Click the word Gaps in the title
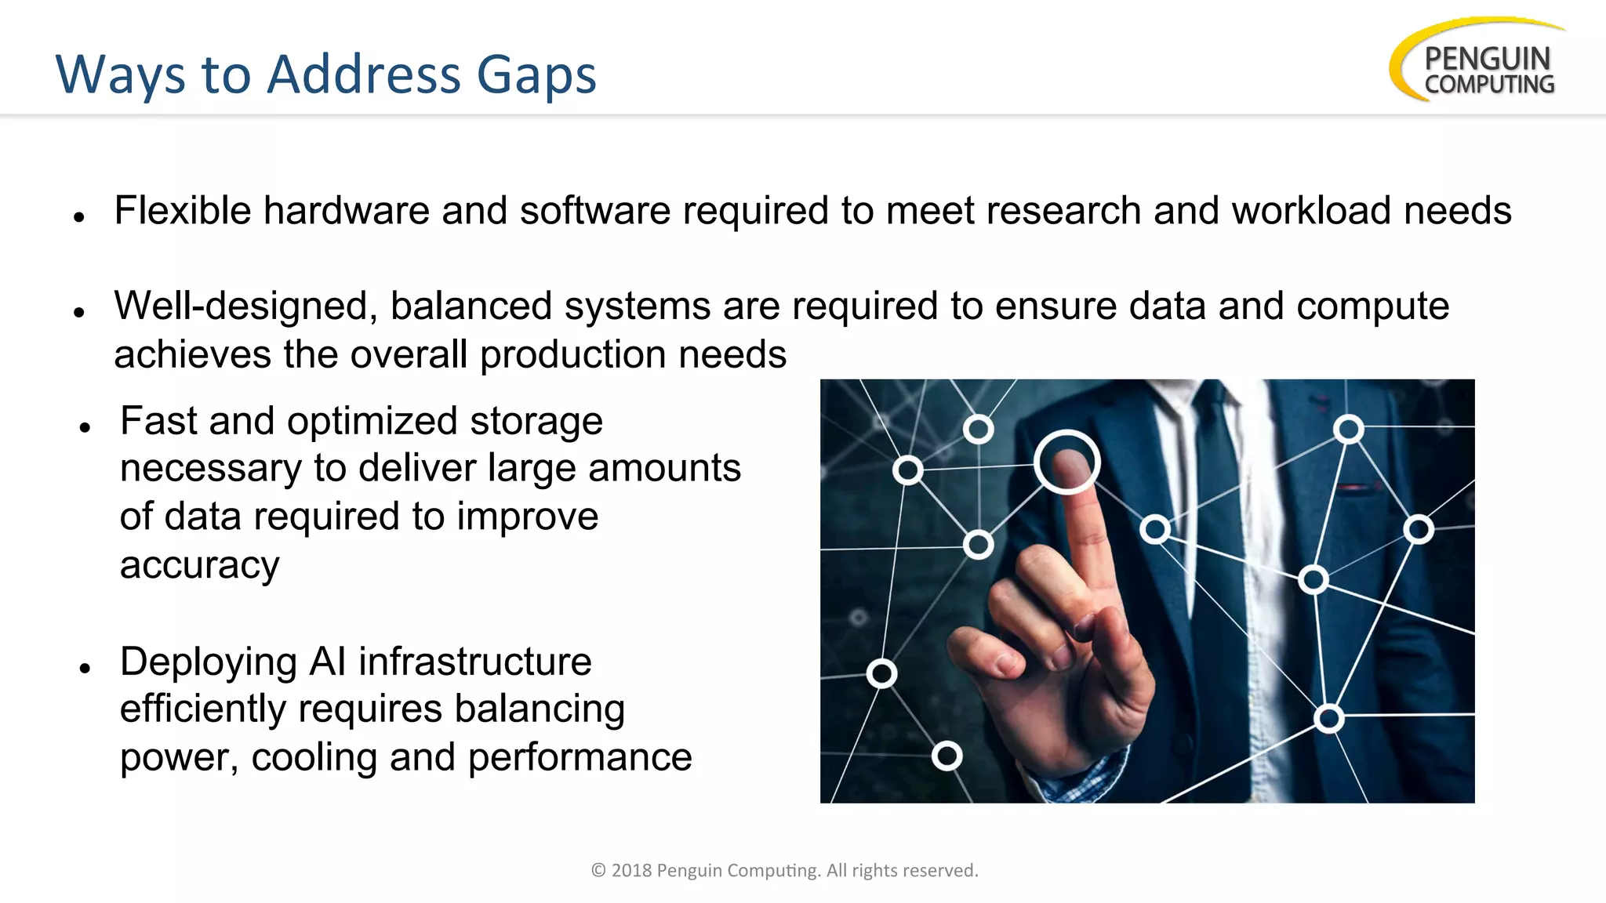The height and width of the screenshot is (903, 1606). pos(536,76)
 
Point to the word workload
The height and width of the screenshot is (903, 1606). pos(1311,211)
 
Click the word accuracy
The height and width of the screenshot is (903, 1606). pos(199,565)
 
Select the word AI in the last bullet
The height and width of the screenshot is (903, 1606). pos(328,662)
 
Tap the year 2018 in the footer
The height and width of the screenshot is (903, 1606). pos(631,870)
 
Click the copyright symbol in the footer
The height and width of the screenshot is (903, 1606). pos(598,870)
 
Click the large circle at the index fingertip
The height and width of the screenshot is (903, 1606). pos(1066,462)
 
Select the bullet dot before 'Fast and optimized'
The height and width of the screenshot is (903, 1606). pos(85,427)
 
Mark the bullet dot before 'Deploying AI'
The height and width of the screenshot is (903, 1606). pos(85,668)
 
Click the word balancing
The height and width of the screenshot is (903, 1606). pos(540,709)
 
